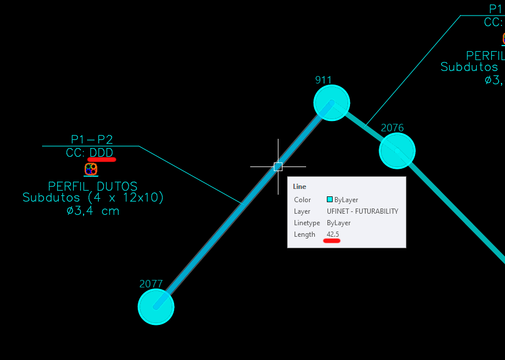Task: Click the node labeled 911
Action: pos(331,103)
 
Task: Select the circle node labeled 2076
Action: pos(397,150)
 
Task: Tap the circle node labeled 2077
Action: pos(156,307)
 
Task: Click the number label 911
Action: pos(323,79)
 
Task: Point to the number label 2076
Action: pos(392,127)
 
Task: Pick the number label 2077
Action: pos(151,284)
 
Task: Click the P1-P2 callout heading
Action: pos(92,139)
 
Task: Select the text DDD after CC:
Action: pos(101,153)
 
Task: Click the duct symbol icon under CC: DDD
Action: pos(91,169)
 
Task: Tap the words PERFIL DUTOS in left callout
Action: pos(93,187)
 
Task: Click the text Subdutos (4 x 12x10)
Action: pos(93,198)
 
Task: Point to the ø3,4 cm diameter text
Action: pos(93,210)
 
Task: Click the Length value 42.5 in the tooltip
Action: pos(333,234)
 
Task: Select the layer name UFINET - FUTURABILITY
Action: pos(362,211)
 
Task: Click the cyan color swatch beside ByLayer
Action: pos(330,200)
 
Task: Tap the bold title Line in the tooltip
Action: pos(300,187)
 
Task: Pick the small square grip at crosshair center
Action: pos(278,166)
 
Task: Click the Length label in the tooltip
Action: pos(304,234)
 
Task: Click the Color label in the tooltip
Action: pos(302,200)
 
